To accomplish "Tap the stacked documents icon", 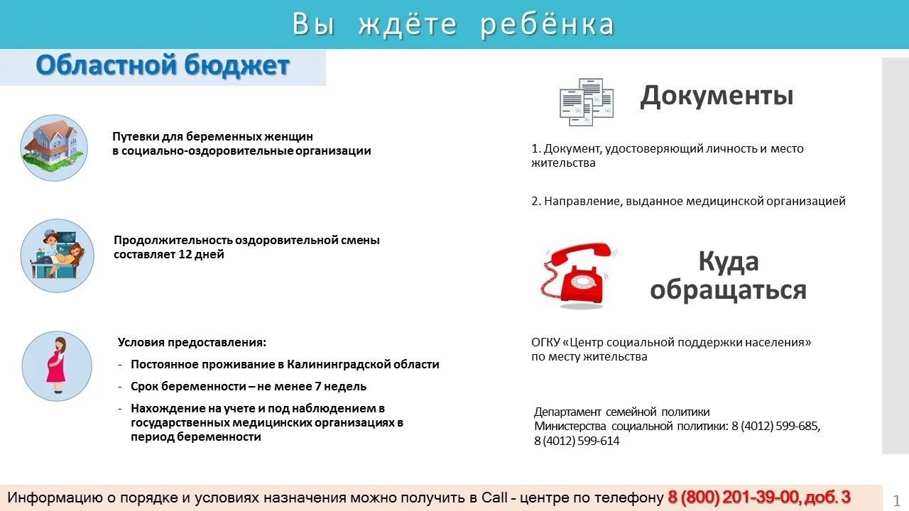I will coord(586,101).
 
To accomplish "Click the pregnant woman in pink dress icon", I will coord(57,366).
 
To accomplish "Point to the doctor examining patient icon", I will coord(57,255).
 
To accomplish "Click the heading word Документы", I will coord(717,96).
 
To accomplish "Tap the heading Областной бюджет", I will coord(163,66).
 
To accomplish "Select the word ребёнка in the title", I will coord(547,24).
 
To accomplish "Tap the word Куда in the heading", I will coord(728,262).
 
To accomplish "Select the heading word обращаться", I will coord(728,290).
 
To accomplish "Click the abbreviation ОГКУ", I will coord(545,343).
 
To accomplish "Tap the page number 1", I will coord(896,500).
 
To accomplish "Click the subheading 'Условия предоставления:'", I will coord(192,342).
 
